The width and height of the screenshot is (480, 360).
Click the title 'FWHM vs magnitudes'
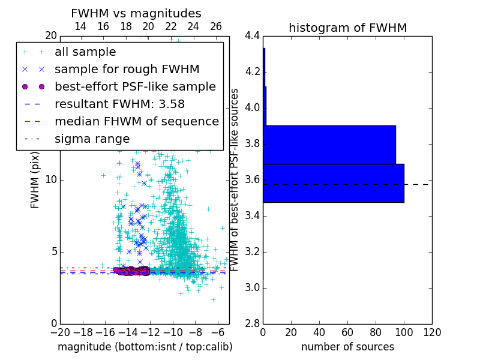tap(136, 13)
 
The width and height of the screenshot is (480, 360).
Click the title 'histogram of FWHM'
tap(347, 28)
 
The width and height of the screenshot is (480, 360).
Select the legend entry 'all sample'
tap(85, 52)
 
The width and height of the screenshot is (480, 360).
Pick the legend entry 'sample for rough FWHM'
tap(127, 69)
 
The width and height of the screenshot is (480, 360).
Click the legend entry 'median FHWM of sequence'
tap(136, 121)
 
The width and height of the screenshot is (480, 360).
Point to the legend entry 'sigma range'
tap(92, 139)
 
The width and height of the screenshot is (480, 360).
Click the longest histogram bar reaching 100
tap(334, 183)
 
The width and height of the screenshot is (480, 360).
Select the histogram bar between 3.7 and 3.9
tap(329, 145)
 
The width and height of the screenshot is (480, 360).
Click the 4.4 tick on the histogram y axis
tap(252, 36)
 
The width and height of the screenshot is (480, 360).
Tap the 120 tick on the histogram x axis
tap(431, 332)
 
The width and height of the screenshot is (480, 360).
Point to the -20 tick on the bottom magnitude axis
tap(60, 332)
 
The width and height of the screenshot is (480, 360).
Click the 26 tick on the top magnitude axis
tap(216, 26)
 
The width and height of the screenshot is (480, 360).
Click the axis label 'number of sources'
tap(347, 347)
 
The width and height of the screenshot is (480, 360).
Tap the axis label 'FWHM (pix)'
tap(35, 179)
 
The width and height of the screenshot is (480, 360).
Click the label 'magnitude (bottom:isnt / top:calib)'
tap(145, 347)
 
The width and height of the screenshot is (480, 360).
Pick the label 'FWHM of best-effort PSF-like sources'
tap(235, 179)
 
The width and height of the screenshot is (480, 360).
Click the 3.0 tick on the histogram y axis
tap(252, 288)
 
